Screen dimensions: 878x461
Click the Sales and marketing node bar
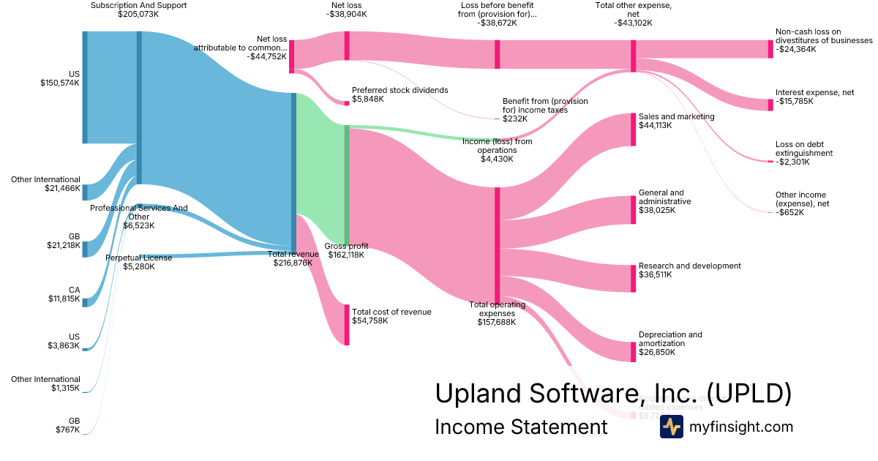(634, 130)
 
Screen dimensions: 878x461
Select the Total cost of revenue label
(391, 312)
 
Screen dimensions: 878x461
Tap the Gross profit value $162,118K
(346, 255)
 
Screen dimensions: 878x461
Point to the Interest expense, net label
(814, 93)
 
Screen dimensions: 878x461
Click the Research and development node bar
(634, 278)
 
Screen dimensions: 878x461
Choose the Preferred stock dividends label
(399, 90)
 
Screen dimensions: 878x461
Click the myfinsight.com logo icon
(671, 427)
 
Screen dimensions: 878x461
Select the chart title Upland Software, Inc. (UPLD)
(613, 393)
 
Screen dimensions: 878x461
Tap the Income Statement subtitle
(521, 427)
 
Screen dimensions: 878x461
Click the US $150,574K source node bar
(85, 87)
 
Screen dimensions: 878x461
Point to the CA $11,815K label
(75, 290)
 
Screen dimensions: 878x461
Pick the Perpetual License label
(139, 258)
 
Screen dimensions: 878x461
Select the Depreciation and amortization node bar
(634, 351)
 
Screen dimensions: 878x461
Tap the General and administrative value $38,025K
(657, 210)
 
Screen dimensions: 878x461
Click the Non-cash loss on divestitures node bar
(770, 49)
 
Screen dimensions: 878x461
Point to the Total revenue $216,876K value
(296, 263)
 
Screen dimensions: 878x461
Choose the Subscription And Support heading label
(138, 5)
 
